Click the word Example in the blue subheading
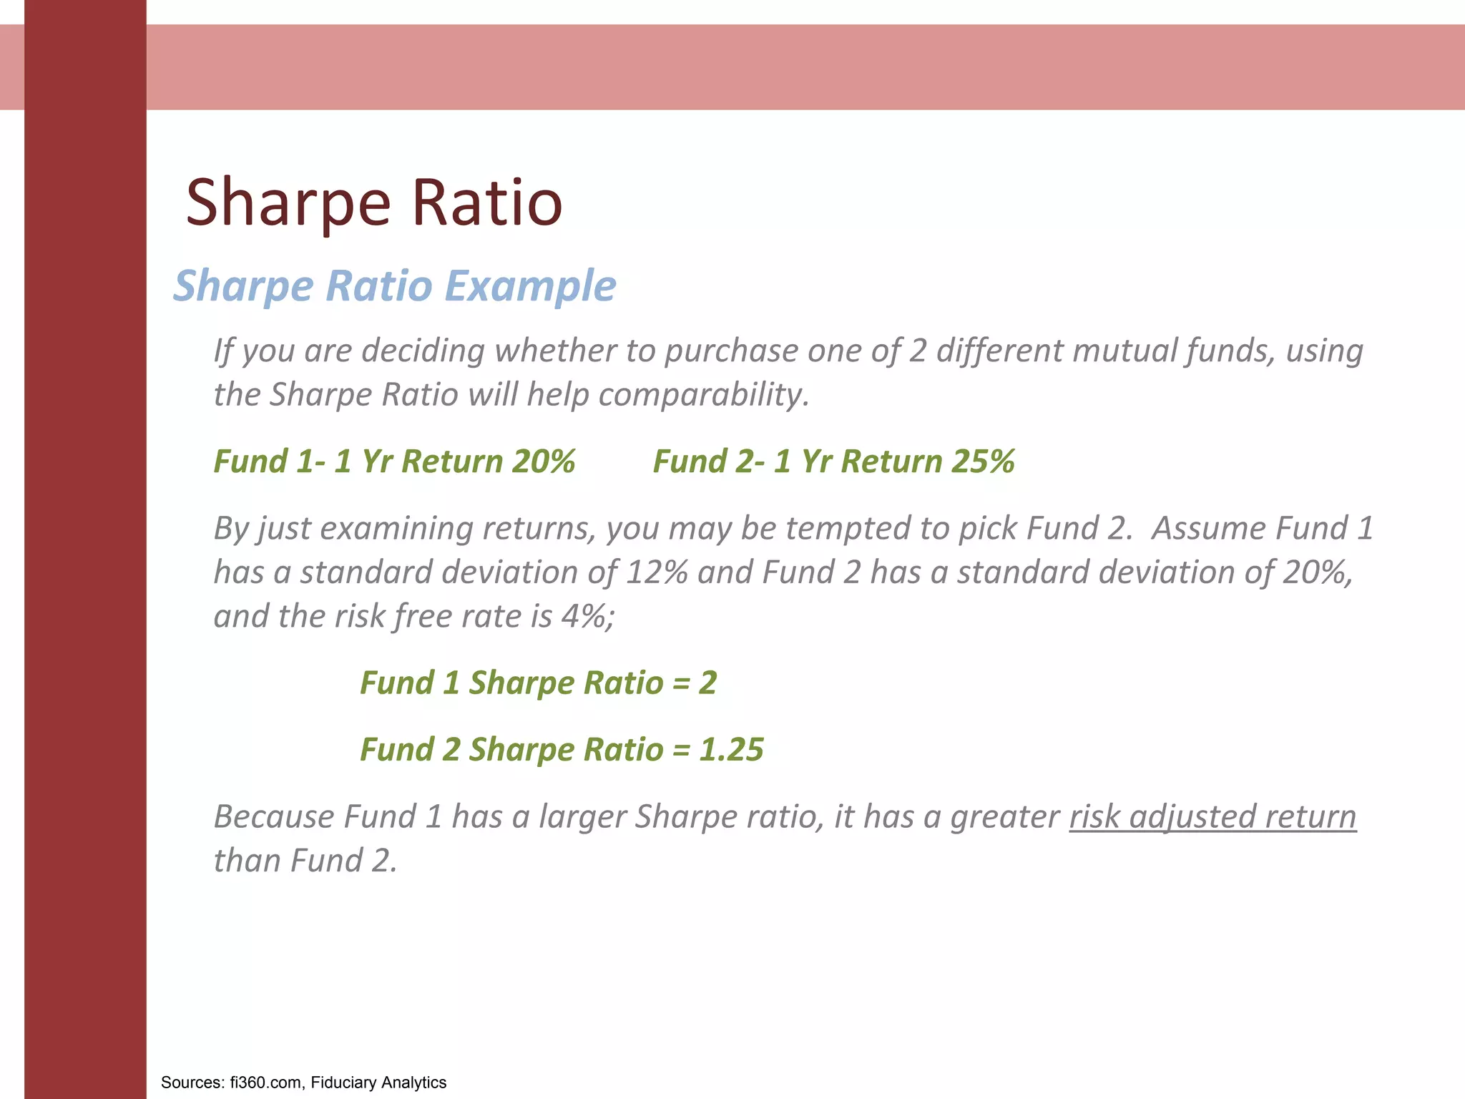530,285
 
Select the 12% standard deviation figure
657,572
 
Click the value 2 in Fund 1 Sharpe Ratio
707,683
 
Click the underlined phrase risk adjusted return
1212,817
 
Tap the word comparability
704,395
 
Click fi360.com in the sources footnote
265,1083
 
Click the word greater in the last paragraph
1004,817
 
